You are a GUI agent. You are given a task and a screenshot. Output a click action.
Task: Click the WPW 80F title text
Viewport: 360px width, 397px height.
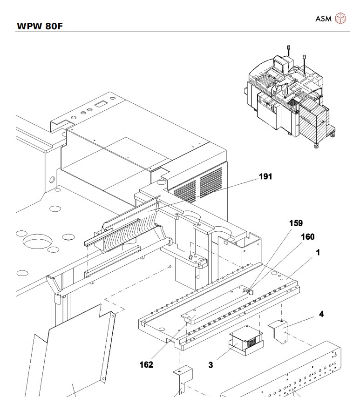pyautogui.click(x=40, y=26)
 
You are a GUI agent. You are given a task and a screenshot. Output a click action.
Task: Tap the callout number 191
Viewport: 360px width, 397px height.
pyautogui.click(x=266, y=177)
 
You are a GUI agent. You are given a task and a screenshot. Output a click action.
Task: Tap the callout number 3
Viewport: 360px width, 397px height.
pyautogui.click(x=211, y=365)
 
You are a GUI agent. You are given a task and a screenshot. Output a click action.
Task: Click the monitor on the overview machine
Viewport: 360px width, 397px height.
pyautogui.click(x=279, y=65)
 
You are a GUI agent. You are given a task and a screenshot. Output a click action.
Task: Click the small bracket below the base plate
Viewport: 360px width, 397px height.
pyautogui.click(x=183, y=379)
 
